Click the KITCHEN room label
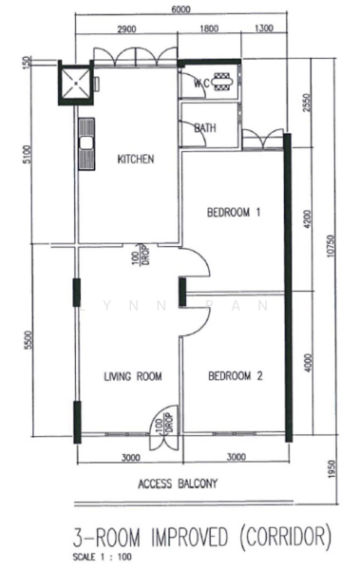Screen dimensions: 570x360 (x=135, y=159)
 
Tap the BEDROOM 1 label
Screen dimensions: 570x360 (x=234, y=213)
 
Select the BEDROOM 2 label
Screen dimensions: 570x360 (x=234, y=376)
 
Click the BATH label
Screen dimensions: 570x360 (x=204, y=128)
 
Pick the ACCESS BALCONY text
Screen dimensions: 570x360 (x=178, y=484)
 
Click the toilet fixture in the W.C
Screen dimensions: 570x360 (x=222, y=81)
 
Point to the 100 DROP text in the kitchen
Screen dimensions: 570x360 (x=141, y=257)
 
